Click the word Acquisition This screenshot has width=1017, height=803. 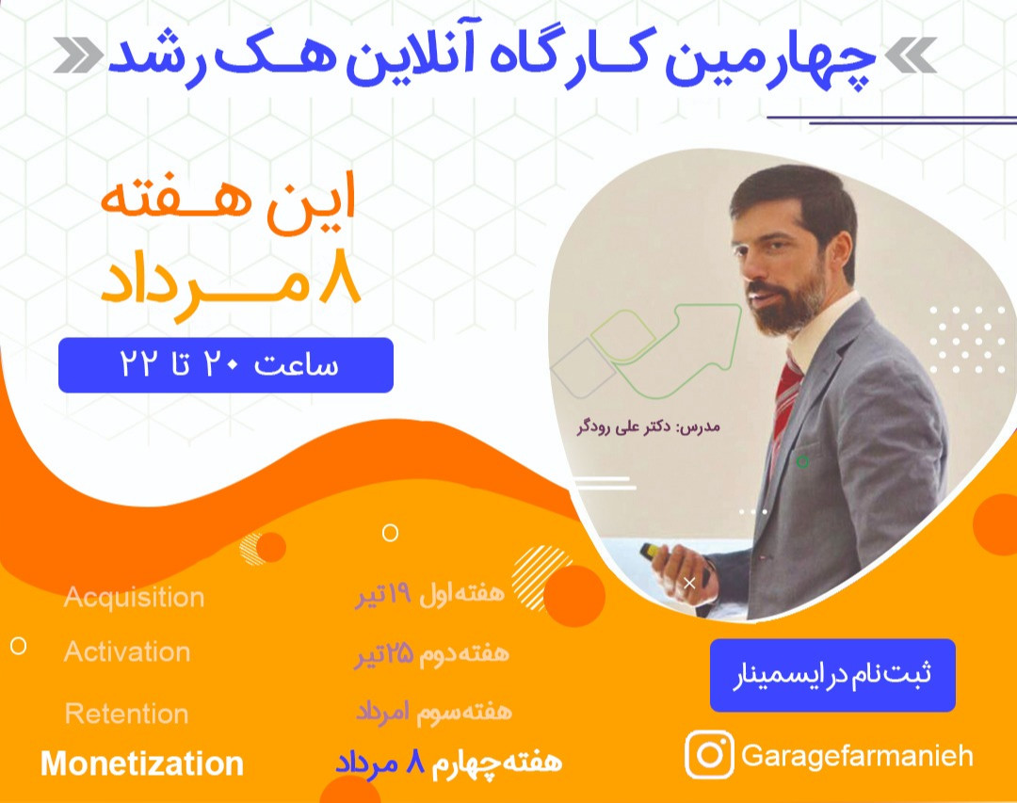134,598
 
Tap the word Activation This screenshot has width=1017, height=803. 127,652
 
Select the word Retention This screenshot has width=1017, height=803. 126,714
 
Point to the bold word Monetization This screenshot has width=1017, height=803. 142,763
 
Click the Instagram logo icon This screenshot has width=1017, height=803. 709,755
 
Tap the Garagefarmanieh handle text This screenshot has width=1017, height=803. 857,756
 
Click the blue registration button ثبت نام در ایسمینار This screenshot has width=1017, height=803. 832,675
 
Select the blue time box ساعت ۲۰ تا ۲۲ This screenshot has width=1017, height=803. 226,365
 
